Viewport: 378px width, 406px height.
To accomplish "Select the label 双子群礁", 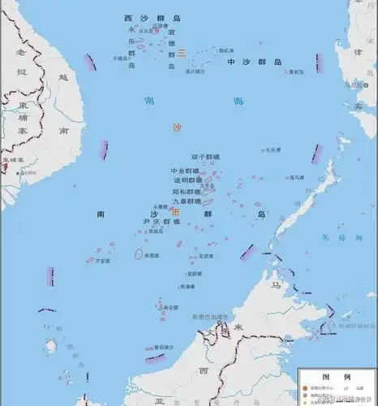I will coord(206,157).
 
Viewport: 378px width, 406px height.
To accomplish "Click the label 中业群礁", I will coord(185,171).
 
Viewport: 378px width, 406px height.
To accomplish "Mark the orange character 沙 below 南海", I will coord(178,127).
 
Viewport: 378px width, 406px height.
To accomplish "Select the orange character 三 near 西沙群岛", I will coord(183,52).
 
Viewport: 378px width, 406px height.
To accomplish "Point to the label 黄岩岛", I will coord(303,71).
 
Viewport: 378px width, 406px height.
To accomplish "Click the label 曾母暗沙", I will coord(166,347).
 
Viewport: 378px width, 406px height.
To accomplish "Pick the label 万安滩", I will coord(101,262).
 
